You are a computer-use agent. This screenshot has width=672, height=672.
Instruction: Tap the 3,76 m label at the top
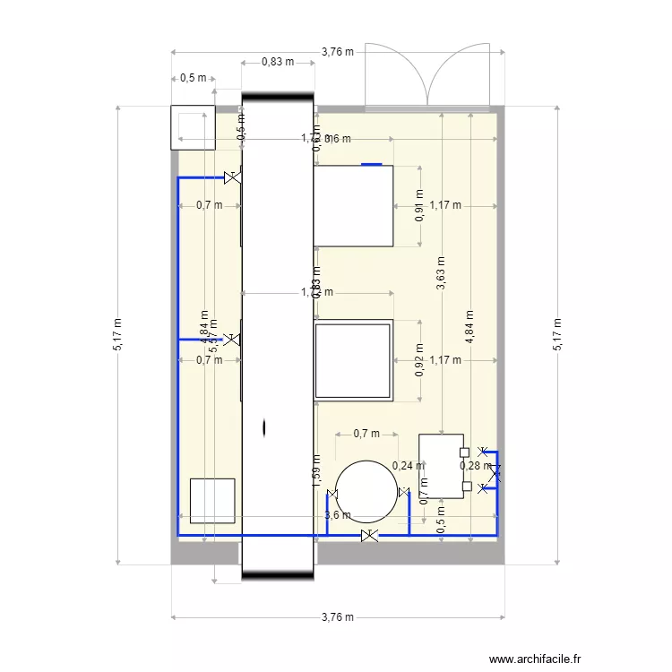[337, 52]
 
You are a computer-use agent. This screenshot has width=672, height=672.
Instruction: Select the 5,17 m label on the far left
[118, 335]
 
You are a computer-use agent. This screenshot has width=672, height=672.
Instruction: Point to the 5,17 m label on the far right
[556, 335]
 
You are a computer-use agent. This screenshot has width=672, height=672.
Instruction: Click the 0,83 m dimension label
[278, 62]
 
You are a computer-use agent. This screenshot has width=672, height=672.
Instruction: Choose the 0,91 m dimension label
[419, 207]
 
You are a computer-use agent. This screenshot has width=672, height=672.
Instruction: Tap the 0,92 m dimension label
[419, 360]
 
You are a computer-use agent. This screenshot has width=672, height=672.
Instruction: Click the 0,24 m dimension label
[409, 465]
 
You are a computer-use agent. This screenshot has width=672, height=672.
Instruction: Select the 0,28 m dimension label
[475, 465]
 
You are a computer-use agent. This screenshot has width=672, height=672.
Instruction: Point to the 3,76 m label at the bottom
[337, 617]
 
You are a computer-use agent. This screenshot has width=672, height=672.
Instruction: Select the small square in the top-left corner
[193, 127]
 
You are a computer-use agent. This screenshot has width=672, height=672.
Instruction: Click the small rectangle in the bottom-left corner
[212, 501]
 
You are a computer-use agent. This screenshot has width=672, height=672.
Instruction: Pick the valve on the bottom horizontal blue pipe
[368, 536]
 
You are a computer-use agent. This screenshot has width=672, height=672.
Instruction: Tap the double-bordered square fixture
[353, 360]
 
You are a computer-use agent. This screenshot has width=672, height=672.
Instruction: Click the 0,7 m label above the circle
[366, 434]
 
